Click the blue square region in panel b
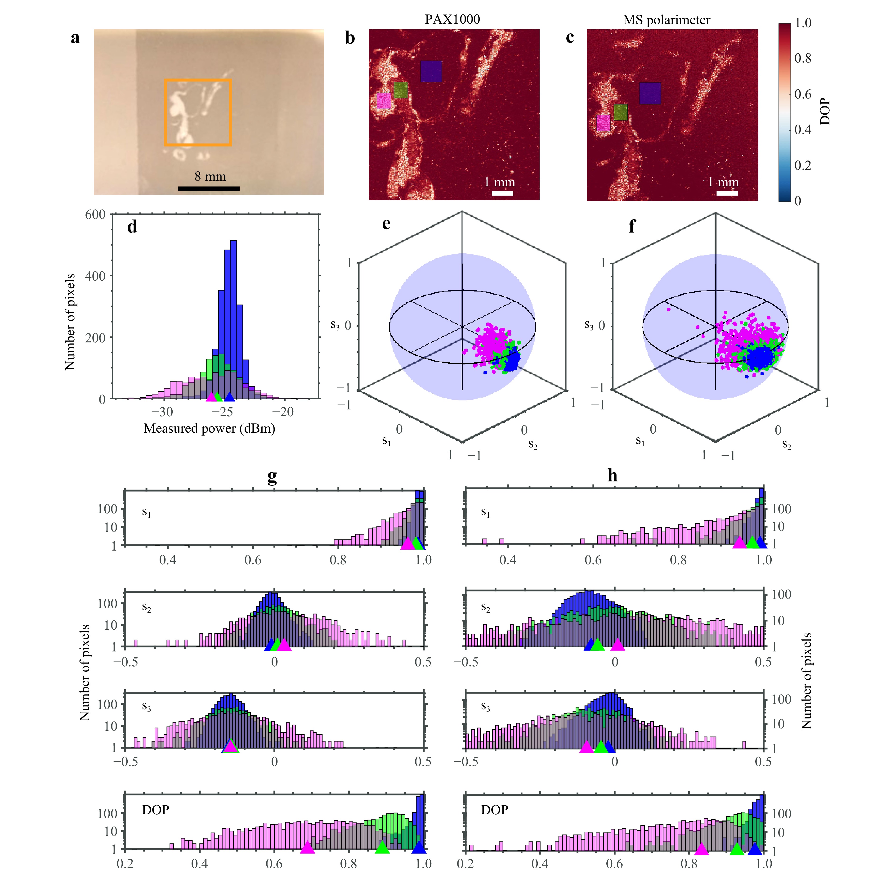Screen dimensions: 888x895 (x=431, y=71)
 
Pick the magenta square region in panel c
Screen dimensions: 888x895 (x=603, y=123)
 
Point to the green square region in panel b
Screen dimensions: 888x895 (x=401, y=90)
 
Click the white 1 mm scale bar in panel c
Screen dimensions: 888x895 (x=727, y=193)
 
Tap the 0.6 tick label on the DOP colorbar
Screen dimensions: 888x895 (x=803, y=94)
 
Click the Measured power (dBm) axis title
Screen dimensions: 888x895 (x=209, y=428)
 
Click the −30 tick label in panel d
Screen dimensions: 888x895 (x=162, y=412)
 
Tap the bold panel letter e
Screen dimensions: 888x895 (x=386, y=224)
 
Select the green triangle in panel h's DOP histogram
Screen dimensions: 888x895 (x=737, y=849)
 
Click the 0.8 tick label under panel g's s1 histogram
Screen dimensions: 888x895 (x=338, y=560)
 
